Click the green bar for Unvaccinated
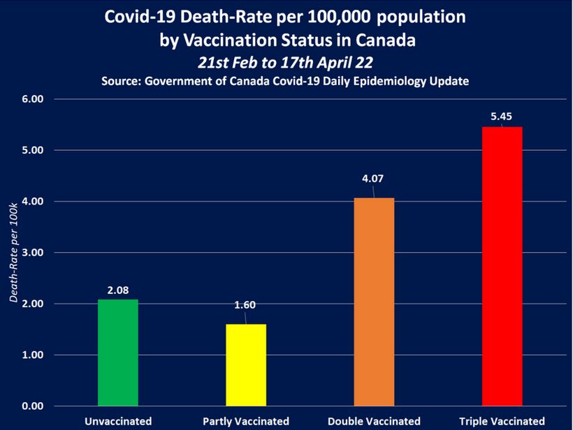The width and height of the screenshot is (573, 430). click(117, 353)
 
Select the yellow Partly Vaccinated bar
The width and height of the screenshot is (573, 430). click(246, 364)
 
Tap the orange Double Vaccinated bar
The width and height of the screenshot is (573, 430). click(374, 302)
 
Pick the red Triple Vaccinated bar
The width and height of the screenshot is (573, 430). click(502, 266)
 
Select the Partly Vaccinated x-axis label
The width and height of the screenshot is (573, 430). click(246, 421)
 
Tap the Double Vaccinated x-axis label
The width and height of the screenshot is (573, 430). click(374, 421)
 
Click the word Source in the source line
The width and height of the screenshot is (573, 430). click(122, 81)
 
